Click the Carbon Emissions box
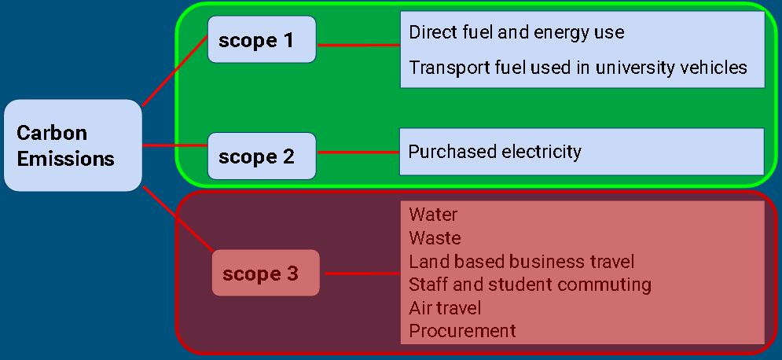click(x=72, y=145)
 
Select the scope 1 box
click(x=262, y=39)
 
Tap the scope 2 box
click(x=262, y=156)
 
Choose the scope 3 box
click(x=266, y=274)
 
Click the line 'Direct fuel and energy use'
click(x=516, y=32)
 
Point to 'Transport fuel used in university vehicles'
click(x=578, y=68)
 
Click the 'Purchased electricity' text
click(x=494, y=151)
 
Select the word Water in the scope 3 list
click(x=433, y=215)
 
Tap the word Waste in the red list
click(x=435, y=238)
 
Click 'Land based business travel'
click(x=521, y=261)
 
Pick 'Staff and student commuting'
click(x=530, y=284)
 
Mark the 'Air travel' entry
click(x=445, y=307)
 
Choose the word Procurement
click(x=462, y=331)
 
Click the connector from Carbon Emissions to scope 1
click(x=174, y=71)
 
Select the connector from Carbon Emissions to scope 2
click(x=174, y=145)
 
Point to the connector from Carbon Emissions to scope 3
click(x=178, y=219)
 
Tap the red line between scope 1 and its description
click(x=358, y=45)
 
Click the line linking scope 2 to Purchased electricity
click(x=358, y=152)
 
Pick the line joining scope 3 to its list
click(x=362, y=274)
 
